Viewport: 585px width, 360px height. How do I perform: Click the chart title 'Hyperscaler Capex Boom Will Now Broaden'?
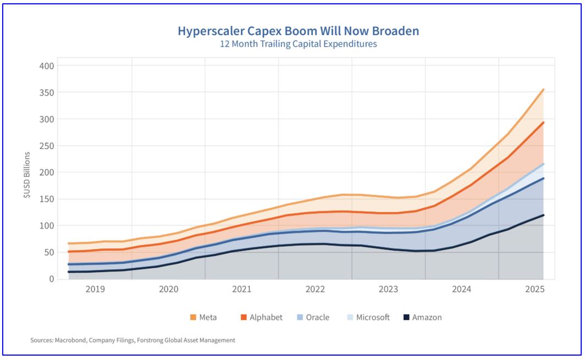point(298,31)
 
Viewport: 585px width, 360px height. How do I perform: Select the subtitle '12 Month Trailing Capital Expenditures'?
point(298,44)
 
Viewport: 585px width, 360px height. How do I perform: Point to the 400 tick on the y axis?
point(47,66)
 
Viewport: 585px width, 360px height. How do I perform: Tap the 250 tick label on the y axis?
point(47,146)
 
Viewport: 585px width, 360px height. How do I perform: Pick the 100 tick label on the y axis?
point(47,226)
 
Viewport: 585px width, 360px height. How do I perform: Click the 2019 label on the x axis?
point(95,289)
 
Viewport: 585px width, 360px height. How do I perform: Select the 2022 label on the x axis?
point(315,289)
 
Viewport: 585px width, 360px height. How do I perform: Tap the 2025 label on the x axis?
point(536,289)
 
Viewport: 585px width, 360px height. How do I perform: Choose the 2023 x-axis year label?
point(389,289)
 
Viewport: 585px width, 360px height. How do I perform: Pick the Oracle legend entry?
point(316,317)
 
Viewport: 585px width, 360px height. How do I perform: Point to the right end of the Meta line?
point(543,89)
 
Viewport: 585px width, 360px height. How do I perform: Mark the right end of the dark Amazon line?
point(543,215)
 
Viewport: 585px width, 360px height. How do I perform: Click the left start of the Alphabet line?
point(68,252)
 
